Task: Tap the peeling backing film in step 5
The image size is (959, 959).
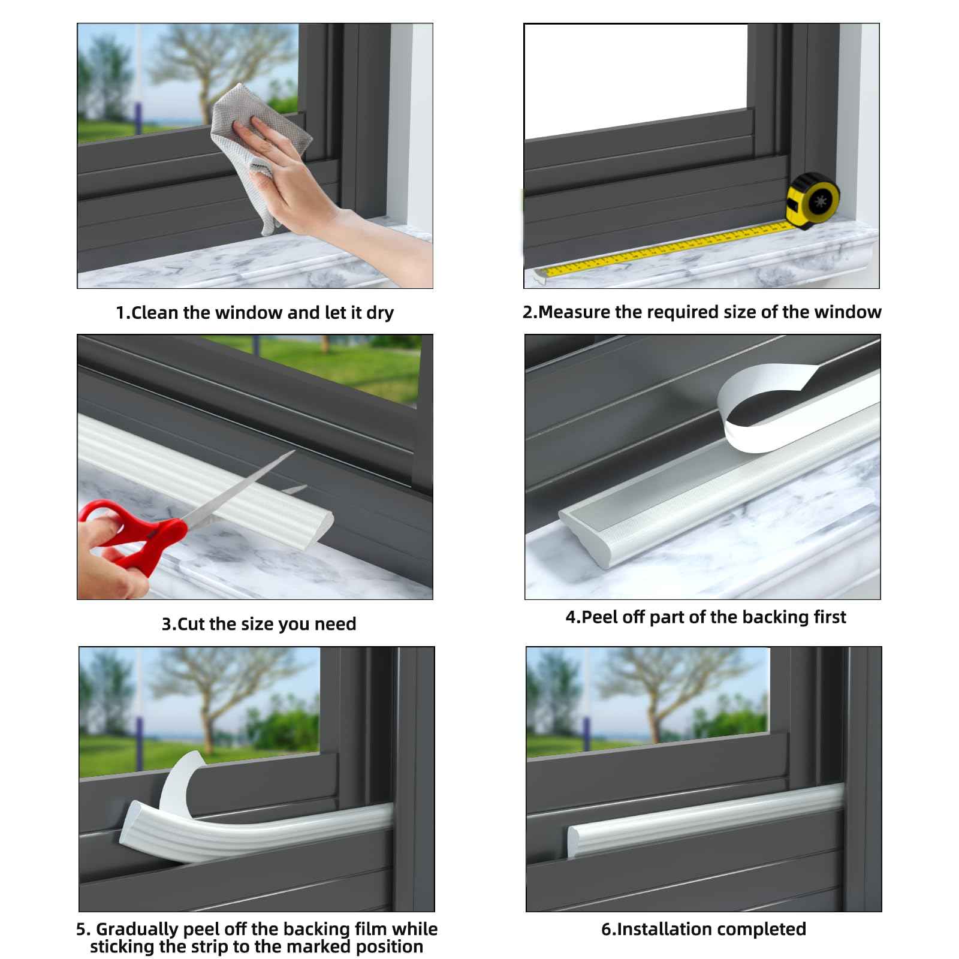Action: pyautogui.click(x=180, y=779)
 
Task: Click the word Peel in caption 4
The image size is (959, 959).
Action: pyautogui.click(x=599, y=617)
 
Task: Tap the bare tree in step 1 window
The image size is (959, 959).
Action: pyautogui.click(x=210, y=66)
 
